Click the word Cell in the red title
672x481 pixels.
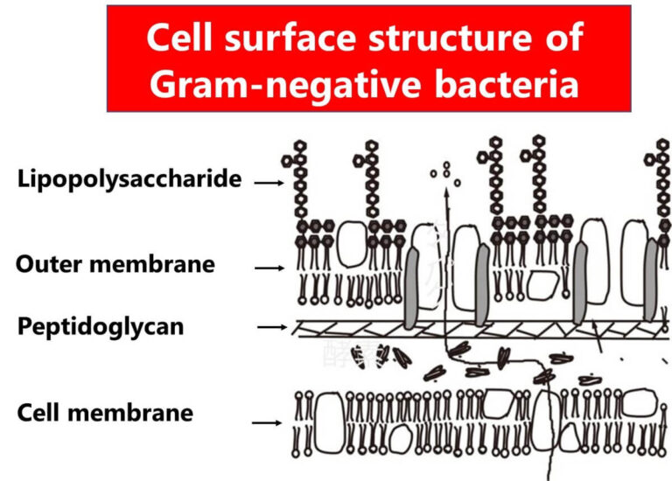click(185, 38)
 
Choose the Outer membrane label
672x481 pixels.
click(115, 264)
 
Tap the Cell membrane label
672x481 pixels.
click(105, 412)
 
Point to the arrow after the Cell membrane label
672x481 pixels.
click(268, 422)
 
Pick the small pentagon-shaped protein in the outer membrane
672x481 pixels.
click(544, 285)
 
